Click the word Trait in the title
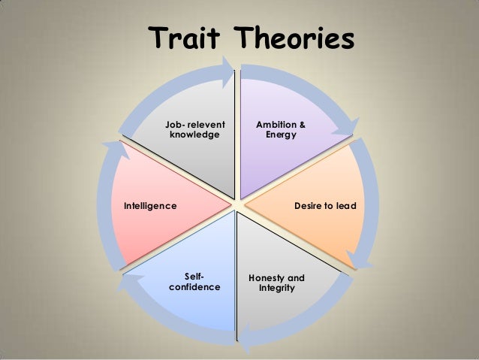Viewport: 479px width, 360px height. click(185, 39)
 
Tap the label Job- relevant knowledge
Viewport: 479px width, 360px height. click(195, 129)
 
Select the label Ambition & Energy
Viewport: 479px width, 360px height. click(281, 129)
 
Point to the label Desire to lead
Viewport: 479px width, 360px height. click(325, 205)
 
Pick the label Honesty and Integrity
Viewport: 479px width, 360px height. click(276, 283)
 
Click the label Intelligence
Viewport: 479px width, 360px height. click(150, 205)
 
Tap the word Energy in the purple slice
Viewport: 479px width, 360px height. click(281, 135)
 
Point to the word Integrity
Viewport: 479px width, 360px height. click(276, 289)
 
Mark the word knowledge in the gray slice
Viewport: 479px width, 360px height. click(195, 135)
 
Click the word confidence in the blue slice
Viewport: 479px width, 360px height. click(195, 288)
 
